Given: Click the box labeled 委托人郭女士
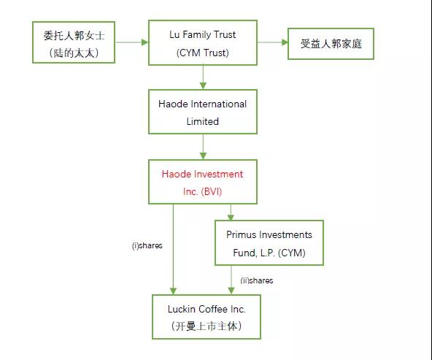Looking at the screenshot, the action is [74, 42].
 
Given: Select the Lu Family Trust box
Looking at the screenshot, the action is [203, 42].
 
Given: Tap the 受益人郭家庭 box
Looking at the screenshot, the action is [331, 44].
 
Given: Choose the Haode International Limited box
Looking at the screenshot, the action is [203, 112].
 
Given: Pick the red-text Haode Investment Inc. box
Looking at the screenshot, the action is [203, 182].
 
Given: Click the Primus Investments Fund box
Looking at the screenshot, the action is [269, 243].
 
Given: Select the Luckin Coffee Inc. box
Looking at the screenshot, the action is [207, 317].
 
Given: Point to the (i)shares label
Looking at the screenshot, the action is [147, 245].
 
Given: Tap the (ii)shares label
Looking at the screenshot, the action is [257, 280].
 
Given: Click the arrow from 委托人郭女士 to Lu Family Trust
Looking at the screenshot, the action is [131, 42].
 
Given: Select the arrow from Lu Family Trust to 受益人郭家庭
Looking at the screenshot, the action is [272, 42].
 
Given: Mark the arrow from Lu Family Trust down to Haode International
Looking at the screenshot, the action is [203, 77].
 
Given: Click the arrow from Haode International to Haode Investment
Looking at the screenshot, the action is [203, 147].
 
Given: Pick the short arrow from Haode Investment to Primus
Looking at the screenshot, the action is [231, 212].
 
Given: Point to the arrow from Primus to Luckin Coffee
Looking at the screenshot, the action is [231, 280].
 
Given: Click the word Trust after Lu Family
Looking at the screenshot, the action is [225, 35].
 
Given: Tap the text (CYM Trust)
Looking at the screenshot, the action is [203, 53].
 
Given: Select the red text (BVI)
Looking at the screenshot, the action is [212, 191].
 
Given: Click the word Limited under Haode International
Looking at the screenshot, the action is [203, 121].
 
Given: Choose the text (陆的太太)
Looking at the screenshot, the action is [74, 53].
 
